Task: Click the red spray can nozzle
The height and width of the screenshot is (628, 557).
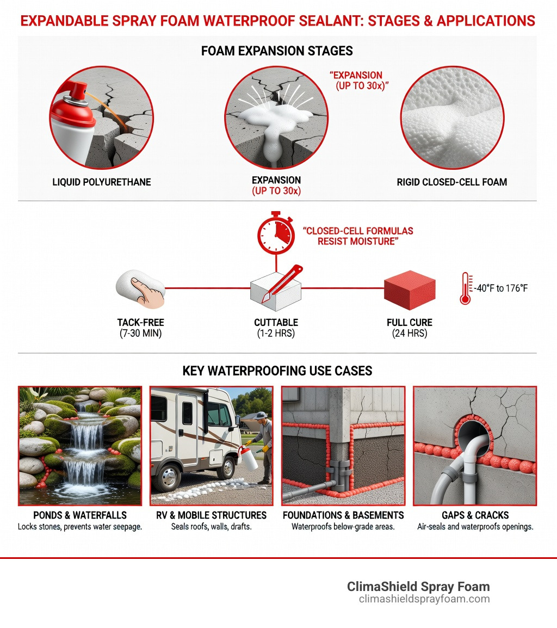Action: [x=78, y=91]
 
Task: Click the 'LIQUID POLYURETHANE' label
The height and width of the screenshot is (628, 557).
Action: [x=102, y=182]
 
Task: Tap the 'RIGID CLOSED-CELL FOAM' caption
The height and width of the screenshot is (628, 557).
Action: [x=452, y=182]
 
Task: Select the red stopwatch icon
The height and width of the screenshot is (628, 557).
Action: [x=276, y=232]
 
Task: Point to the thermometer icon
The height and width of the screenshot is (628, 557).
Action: [x=465, y=288]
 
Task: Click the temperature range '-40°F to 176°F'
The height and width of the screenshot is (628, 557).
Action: [x=500, y=288]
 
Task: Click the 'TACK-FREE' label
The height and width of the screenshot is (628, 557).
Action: [x=141, y=322]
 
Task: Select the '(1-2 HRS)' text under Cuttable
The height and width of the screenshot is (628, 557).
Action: [x=276, y=334]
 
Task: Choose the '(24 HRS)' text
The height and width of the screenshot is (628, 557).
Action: [x=410, y=334]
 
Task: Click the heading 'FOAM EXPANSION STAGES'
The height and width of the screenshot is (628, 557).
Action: [x=277, y=51]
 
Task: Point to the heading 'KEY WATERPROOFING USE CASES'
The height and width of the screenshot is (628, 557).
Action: [x=277, y=371]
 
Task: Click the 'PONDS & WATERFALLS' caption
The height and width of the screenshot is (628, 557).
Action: [x=80, y=515]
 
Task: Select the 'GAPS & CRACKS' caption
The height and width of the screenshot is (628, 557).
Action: [x=475, y=515]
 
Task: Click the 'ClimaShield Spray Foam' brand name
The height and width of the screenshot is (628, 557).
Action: [x=418, y=587]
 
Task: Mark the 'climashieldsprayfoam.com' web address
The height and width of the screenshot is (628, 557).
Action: [x=424, y=599]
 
